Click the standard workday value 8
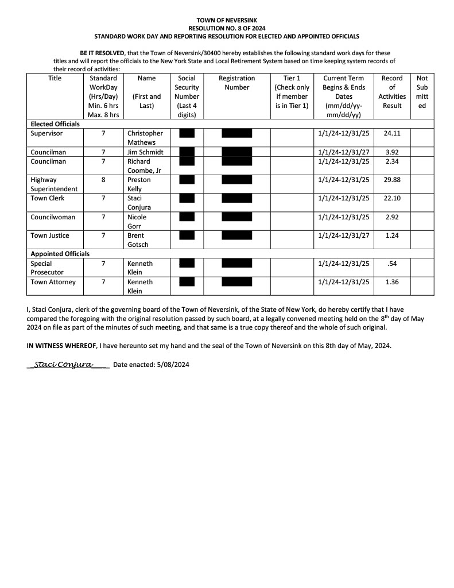click(x=103, y=180)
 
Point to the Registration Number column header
click(x=236, y=83)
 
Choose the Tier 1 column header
click(x=292, y=92)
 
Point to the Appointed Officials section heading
click(x=60, y=254)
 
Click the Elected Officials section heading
click(x=56, y=124)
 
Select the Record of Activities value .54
click(x=392, y=264)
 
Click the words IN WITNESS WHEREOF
click(x=61, y=346)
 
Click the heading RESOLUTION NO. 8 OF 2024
click(x=227, y=28)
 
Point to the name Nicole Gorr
click(x=137, y=222)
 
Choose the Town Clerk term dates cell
click(x=343, y=198)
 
